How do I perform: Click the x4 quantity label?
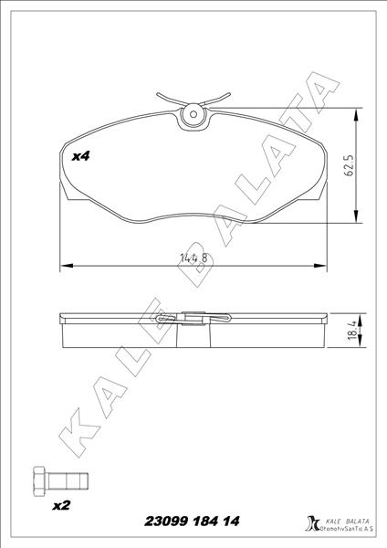coord(81,156)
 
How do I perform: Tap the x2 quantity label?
coord(61,505)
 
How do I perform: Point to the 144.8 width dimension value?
coord(193,258)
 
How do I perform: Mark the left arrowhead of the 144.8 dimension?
coord(64,266)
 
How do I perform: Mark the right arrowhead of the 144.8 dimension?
coord(324,266)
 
